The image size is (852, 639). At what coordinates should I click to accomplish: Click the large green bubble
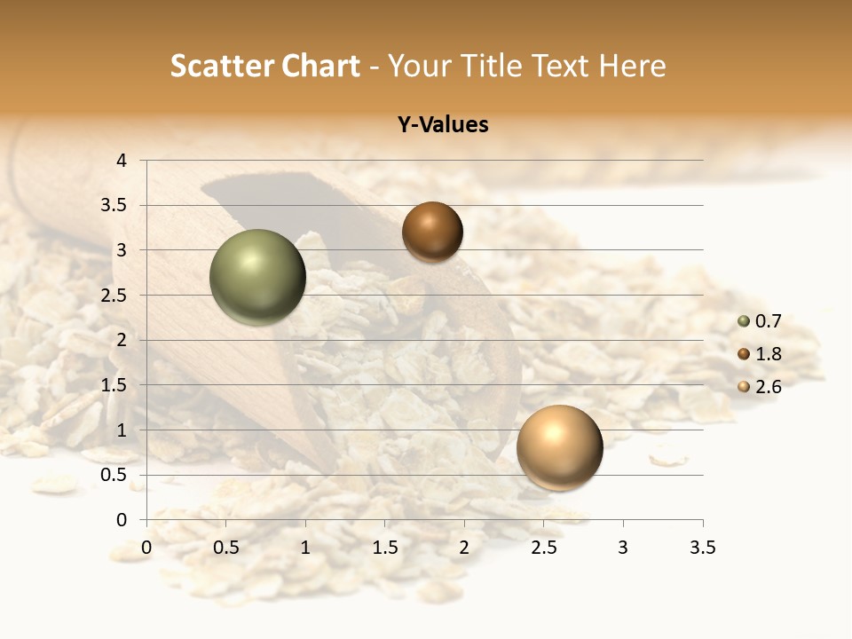257,277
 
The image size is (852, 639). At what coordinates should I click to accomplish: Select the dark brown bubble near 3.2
432,232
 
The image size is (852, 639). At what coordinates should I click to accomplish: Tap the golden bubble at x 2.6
559,447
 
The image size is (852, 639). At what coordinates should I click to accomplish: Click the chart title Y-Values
443,125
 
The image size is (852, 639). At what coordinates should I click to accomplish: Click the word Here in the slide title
631,66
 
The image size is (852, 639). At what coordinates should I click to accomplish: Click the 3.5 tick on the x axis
702,548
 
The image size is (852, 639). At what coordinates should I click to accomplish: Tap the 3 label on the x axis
623,548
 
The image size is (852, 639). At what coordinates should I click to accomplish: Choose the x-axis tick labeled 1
305,548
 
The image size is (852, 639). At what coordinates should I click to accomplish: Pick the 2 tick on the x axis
464,548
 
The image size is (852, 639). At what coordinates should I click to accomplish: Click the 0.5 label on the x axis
226,548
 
